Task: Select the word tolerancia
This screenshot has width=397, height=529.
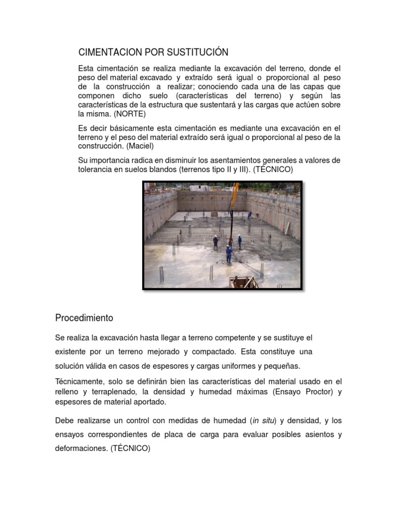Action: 97,169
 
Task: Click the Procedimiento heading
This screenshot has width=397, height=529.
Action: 84,318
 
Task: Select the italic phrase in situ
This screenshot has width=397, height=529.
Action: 261,420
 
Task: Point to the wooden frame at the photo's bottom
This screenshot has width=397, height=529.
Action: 243,283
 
